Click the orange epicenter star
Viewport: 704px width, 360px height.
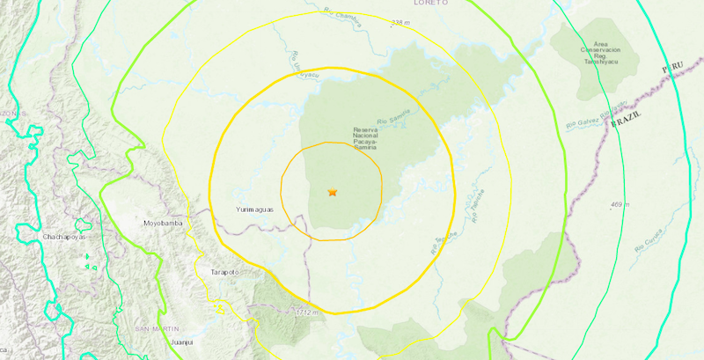pos(333,192)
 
